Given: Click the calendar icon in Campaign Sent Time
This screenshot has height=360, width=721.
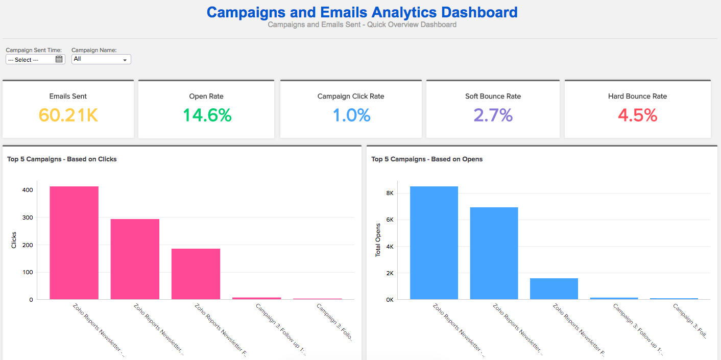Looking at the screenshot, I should point(59,59).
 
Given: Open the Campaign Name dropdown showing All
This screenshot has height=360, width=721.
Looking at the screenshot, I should point(101,59).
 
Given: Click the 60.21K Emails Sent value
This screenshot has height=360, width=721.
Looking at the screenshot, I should point(68,115).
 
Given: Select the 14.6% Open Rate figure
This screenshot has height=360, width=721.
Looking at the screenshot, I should point(207,115).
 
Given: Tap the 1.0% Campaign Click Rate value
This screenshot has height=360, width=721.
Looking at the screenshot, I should point(351,115).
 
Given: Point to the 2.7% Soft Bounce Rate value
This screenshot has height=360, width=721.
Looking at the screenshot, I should point(493,115).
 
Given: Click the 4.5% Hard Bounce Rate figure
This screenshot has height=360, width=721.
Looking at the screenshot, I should point(637,115).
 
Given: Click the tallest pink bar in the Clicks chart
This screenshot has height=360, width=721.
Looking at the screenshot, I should point(74,243).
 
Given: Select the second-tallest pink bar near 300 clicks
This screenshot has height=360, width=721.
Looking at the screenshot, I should point(135,259).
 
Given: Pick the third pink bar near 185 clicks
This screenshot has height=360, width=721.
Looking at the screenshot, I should point(196,274).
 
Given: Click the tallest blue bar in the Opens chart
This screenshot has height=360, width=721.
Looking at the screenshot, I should point(434,243).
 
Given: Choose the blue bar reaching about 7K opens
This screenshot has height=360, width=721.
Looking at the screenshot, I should point(494,253).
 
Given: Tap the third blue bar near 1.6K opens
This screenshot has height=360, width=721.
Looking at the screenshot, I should point(554,289).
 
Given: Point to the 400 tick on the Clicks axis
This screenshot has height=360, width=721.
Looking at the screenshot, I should point(28,190).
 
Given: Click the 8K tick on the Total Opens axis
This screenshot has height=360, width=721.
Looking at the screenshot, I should point(390,193).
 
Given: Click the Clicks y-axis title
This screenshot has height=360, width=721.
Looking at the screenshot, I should point(14,240).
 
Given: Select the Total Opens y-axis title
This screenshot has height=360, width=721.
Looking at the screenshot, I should point(378,240).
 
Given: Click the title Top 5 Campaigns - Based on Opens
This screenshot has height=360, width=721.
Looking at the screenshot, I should point(427,159).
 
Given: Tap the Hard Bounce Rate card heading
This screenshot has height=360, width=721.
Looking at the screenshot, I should point(637,96).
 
